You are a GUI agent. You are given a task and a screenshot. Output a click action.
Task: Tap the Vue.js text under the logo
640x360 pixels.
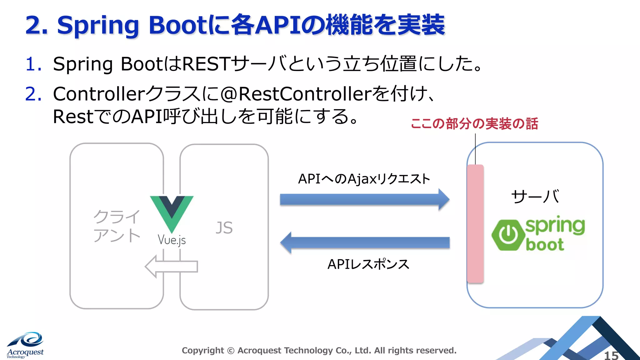172,240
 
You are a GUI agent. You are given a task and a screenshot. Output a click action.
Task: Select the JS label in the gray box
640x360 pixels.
224,228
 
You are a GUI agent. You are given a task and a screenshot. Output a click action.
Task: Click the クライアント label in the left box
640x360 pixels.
117,226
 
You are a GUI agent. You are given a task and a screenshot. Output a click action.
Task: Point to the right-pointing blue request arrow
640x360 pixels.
364,199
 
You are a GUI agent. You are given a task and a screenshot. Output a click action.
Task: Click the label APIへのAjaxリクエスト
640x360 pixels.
364,179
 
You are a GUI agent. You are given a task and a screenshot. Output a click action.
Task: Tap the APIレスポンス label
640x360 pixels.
368,264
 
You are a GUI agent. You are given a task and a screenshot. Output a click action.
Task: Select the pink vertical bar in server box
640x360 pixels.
475,223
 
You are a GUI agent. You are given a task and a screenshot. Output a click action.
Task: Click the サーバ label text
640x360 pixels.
535,197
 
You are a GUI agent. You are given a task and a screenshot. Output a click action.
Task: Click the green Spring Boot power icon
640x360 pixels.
508,235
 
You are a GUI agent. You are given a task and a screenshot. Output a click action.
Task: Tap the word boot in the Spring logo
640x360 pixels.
545,245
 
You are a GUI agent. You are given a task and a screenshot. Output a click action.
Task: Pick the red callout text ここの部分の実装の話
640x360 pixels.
474,124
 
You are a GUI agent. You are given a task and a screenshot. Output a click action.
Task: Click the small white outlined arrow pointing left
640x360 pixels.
171,266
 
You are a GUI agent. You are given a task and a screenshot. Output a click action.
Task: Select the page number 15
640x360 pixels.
611,355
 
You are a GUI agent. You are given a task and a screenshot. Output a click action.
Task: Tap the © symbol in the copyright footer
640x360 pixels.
231,351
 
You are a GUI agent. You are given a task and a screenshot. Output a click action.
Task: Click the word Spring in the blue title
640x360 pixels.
98,26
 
